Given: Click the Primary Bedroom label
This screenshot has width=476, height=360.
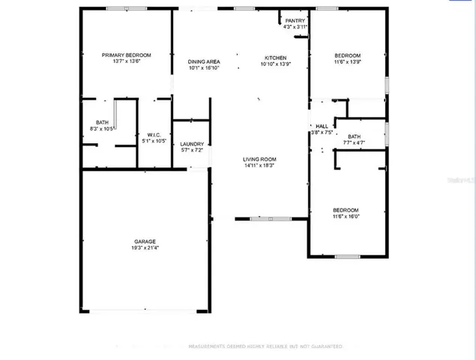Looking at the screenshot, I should point(127,55).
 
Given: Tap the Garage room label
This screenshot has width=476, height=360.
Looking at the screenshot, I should point(145,241).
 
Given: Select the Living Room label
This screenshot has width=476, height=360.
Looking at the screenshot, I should point(259,159).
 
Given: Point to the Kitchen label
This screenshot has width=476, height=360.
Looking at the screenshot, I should point(274,58).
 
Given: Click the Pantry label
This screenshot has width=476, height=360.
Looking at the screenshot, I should point(295,20).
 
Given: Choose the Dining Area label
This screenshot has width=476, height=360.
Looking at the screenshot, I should point(203,61).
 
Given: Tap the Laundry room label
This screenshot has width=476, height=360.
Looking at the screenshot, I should point(192,143).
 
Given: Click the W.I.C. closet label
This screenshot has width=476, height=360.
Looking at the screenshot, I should point(154,134).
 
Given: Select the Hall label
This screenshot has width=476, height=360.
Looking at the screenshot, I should point(322,126).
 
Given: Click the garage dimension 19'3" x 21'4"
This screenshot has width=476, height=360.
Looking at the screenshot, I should point(145,248).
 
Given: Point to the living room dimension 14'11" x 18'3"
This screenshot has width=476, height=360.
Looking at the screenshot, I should point(259,166).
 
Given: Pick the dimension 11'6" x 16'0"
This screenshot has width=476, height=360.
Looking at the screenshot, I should point(346,217).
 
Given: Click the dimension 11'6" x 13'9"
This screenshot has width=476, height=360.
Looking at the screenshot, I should point(347,62).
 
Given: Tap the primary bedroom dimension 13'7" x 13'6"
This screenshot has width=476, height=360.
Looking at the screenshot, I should point(127,61).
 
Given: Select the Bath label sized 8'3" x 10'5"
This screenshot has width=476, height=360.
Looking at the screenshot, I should point(102,123).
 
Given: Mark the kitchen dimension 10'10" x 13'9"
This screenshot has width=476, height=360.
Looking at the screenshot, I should point(274,64).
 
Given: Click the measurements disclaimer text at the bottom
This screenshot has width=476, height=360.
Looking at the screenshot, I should point(265,346).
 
